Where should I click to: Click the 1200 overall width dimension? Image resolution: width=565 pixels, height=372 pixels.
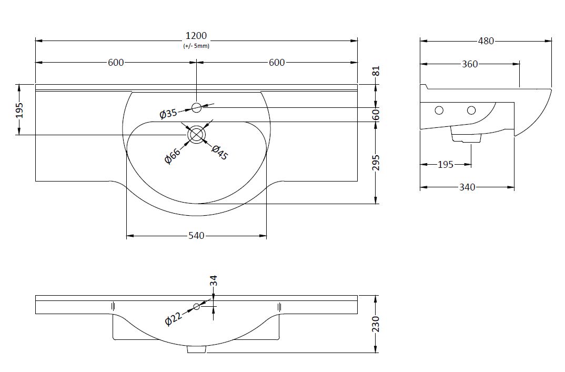pos(196,36)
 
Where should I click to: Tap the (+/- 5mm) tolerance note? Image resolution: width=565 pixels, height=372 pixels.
pos(196,46)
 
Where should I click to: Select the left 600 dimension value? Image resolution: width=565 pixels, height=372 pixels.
pos(116,63)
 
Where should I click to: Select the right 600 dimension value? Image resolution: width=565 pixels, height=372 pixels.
pos(277,63)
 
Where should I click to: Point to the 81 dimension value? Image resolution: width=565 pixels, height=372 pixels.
pos(376,71)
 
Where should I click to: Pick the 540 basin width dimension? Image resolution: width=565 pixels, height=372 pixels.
pos(196,236)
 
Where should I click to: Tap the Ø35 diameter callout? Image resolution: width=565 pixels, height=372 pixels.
pos(168,113)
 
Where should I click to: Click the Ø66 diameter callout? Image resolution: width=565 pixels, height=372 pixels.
pos(173,156)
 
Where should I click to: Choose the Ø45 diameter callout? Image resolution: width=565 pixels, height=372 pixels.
pos(219,152)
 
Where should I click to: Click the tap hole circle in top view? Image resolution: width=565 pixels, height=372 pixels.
pos(197,107)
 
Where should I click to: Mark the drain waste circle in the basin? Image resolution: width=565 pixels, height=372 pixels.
pos(196,134)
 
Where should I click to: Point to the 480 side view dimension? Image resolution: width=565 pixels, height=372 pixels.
pos(486,41)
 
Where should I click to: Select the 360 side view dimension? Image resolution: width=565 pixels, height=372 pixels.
pos(470,64)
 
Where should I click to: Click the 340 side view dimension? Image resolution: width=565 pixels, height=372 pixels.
pos(467,187)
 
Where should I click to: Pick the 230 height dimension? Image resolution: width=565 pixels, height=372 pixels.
pos(376,324)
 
